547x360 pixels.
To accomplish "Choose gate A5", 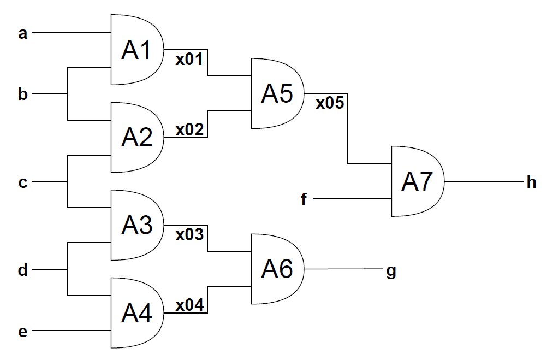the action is tap(277, 93).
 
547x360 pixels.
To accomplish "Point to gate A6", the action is tap(277, 269).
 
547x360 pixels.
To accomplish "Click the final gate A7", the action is tap(418, 181).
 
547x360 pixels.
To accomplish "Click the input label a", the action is tap(23, 34).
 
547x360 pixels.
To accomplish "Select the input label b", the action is tap(23, 93).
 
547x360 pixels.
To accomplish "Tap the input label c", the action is tap(23, 182).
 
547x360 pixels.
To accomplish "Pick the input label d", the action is tap(23, 269).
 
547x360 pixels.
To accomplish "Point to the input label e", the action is tap(23, 332).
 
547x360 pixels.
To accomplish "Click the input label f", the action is tap(304, 199).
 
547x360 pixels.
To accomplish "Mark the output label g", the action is tap(391, 272).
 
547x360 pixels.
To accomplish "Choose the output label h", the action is tap(531, 182).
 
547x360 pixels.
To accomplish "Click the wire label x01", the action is tap(189, 59).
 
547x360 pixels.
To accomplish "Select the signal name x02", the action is tap(189, 129).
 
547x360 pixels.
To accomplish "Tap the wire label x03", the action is tap(189, 235).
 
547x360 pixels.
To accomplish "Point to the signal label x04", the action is tap(189, 305).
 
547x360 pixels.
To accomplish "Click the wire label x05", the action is tap(330, 103).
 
